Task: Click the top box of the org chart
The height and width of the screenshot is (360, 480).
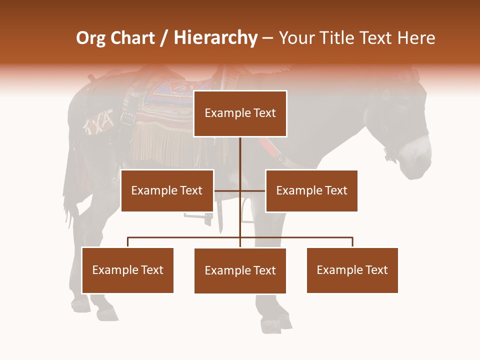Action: pos(240,113)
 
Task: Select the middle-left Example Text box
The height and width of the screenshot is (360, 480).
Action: pos(167,190)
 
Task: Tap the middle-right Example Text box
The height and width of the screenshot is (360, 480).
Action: pos(311,190)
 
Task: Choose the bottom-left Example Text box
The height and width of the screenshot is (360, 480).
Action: pos(127,270)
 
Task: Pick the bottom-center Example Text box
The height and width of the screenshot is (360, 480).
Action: pos(240,270)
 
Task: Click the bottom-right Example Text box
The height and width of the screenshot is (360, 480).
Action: pos(352,270)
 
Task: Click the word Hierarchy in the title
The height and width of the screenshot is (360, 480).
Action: pos(215,38)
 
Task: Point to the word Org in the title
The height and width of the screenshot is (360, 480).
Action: pos(91,38)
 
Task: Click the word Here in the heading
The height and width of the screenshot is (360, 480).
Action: pos(416,38)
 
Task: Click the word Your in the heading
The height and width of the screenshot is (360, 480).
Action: pos(296,38)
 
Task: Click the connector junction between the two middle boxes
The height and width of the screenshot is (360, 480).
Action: pos(240,190)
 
